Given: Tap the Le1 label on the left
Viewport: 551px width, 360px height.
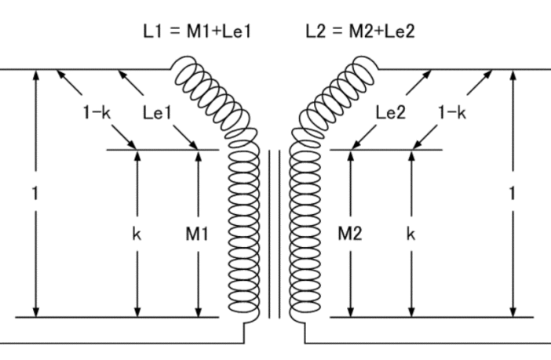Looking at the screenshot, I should (159, 115).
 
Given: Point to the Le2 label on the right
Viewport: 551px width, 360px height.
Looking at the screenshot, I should (391, 115).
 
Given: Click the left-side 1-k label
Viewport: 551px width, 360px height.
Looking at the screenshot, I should (97, 115).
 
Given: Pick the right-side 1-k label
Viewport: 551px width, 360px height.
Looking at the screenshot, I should (453, 115).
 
